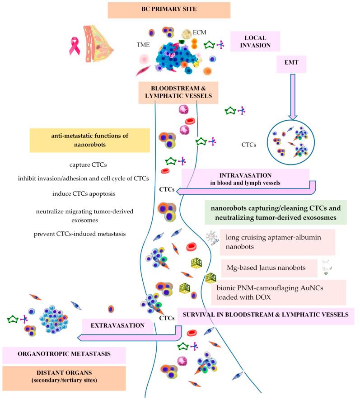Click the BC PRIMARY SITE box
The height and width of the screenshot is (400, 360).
point(169,10)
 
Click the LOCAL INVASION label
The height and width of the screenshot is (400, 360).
point(255,41)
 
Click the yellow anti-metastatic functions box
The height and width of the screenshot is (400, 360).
point(89,140)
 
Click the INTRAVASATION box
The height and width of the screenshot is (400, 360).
point(245,177)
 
